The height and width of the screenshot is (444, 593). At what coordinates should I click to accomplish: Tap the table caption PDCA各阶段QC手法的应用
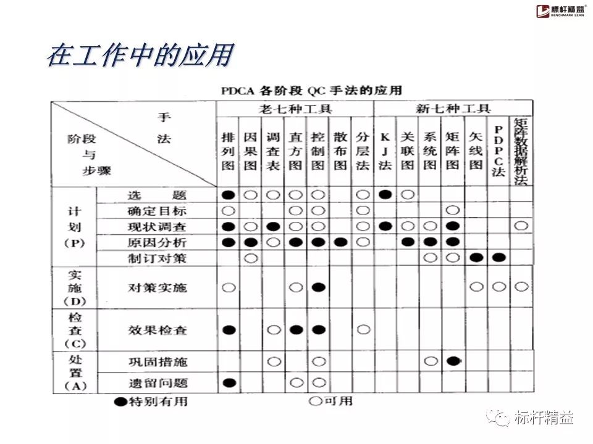[x=312, y=91]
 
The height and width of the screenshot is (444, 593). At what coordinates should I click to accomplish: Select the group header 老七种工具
[x=295, y=109]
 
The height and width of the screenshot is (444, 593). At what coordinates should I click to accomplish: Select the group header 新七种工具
[x=453, y=109]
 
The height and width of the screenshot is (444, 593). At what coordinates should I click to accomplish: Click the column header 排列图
[x=229, y=151]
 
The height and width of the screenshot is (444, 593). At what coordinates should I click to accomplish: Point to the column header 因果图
[x=250, y=151]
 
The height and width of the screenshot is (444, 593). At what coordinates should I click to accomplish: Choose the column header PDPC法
[x=498, y=151]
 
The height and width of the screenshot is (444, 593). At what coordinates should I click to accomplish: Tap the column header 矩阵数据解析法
[x=520, y=151]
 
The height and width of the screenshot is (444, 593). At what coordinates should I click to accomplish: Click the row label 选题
[x=157, y=195]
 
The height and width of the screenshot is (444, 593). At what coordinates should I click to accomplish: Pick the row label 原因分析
[x=157, y=242]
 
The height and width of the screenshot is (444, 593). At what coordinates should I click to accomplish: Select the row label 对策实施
[x=157, y=287]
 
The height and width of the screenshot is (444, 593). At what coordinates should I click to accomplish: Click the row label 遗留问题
[x=157, y=383]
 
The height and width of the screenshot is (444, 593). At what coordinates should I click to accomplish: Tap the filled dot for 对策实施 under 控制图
[x=319, y=287]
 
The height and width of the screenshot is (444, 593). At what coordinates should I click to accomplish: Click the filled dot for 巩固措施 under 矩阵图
[x=453, y=361]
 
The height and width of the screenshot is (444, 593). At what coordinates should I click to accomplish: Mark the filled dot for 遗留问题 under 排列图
[x=229, y=383]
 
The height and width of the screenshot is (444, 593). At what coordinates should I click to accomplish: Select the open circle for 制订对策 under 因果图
[x=250, y=258]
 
